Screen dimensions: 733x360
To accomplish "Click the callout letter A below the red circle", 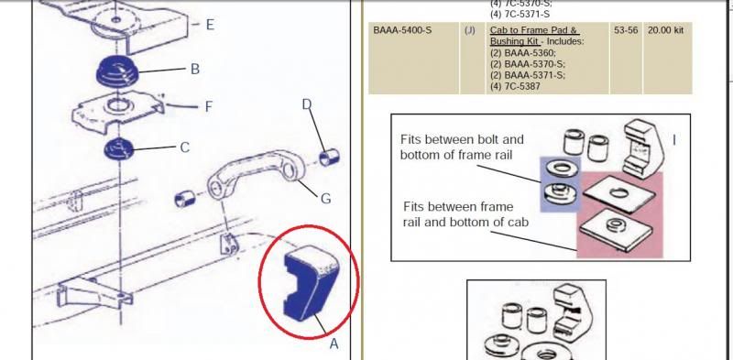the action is click(x=334, y=344).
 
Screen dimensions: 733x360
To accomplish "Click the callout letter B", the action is click(x=195, y=70).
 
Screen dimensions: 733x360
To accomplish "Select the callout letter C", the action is click(x=185, y=147).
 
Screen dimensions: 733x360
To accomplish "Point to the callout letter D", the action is click(x=307, y=104).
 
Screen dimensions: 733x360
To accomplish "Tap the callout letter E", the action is click(x=211, y=25).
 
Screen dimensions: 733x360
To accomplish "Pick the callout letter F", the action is click(x=209, y=107).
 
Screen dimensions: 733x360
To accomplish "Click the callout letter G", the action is click(x=326, y=199).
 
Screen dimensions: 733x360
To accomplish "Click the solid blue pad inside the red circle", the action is click(x=311, y=284).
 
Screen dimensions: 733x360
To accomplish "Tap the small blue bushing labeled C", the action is click(x=119, y=149).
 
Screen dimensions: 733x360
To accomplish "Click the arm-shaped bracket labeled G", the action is click(x=256, y=174).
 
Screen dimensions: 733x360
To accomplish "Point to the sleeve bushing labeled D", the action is click(x=329, y=157).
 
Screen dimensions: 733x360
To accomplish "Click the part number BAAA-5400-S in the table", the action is click(x=402, y=30).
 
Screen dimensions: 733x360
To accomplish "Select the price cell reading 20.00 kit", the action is click(x=666, y=30).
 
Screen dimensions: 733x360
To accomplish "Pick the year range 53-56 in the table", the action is click(x=626, y=30).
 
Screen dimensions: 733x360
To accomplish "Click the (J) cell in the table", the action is click(x=470, y=30).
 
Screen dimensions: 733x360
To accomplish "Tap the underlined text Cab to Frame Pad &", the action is click(x=534, y=30).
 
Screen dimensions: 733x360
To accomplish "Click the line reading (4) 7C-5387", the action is click(x=515, y=86).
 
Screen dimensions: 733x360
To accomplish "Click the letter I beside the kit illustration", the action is click(x=673, y=140).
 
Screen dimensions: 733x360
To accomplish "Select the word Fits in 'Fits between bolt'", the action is click(x=411, y=139).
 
